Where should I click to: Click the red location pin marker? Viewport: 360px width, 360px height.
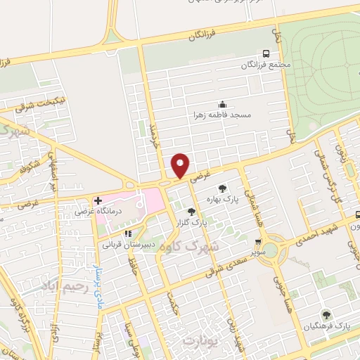point(181,165)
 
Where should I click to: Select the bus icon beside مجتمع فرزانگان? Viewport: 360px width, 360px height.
point(266,53)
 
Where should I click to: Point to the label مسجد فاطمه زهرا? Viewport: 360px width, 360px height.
point(223,114)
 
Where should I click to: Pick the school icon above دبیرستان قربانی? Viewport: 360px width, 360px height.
point(127,233)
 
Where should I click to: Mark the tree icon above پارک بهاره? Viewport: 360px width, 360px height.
point(223,188)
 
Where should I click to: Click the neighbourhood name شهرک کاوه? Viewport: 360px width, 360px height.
point(215,244)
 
